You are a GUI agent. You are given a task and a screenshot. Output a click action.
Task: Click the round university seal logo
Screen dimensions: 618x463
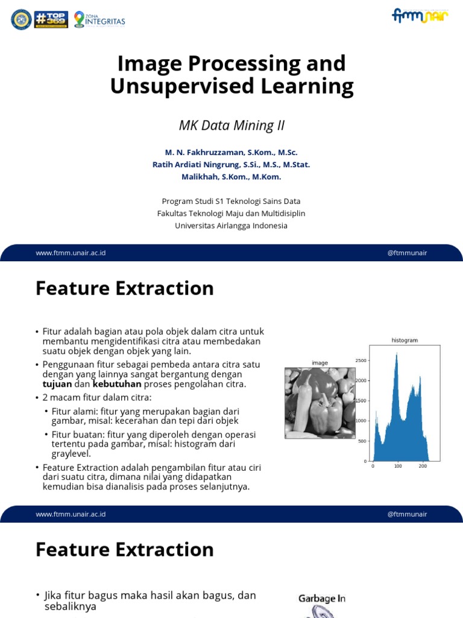pos(21,19)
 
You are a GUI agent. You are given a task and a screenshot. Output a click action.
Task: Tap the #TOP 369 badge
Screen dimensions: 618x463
pos(51,19)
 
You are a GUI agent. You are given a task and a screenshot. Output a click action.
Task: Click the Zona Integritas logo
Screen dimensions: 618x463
pos(99,20)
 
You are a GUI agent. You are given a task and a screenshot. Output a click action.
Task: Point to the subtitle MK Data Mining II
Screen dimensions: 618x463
pos(231,126)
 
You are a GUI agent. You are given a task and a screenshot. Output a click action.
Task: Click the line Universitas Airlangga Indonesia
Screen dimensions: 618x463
pos(231,226)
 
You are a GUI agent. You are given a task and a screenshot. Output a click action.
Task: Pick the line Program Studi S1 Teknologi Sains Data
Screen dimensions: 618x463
pos(231,201)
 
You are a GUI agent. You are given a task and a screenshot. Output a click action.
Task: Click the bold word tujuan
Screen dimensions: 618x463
pos(57,384)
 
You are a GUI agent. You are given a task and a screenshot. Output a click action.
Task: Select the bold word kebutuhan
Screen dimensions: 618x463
pos(117,384)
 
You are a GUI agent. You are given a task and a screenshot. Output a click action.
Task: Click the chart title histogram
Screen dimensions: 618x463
pos(405,340)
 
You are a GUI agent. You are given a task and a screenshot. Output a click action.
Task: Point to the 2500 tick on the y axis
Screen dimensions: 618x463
pos(360,361)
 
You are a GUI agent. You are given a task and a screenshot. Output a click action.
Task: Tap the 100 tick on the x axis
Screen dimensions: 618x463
pos(397,467)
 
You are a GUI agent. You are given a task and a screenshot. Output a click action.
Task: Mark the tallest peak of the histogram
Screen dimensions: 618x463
pos(396,355)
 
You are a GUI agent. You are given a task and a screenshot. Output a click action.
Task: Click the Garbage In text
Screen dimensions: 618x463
pos(322,599)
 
